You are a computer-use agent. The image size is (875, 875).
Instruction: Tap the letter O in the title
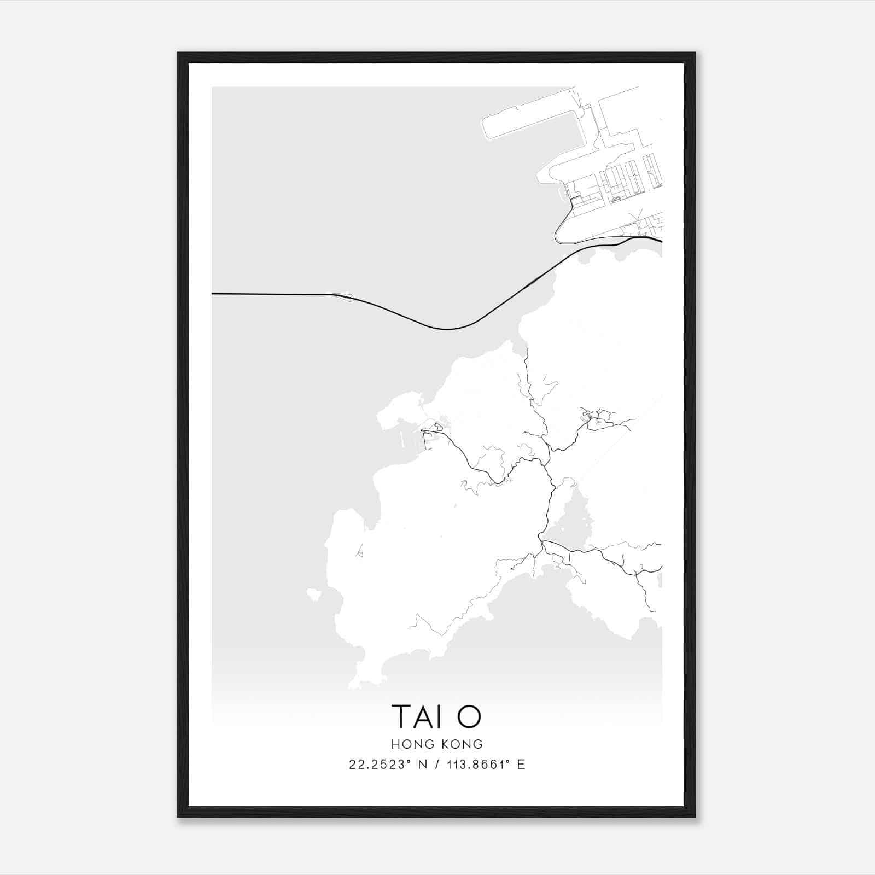coord(469,717)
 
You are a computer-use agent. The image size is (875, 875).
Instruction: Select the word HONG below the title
coord(411,744)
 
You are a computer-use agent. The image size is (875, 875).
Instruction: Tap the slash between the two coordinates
coord(435,765)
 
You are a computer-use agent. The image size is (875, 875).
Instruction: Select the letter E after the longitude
coord(521,765)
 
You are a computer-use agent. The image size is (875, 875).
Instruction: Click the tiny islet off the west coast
coord(313,594)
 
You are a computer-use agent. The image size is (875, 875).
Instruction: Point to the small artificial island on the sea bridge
coord(343,297)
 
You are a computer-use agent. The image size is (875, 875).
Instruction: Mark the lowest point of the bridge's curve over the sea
coord(447,329)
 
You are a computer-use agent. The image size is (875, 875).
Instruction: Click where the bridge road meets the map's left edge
coord(213,294)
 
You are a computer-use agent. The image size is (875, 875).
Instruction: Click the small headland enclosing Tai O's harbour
coord(396,413)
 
